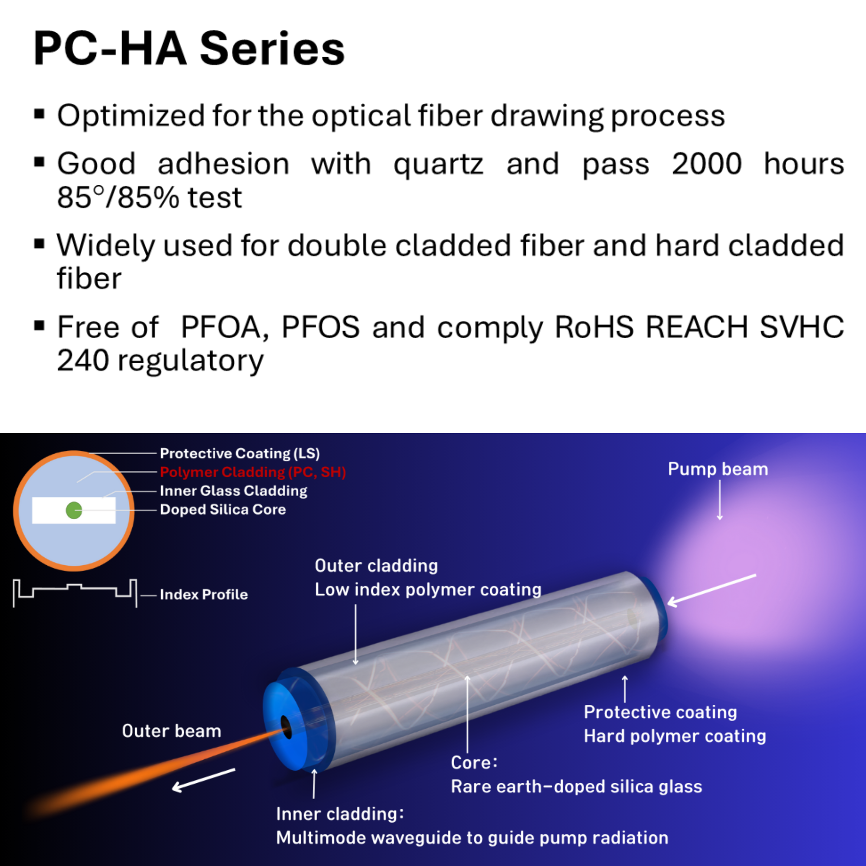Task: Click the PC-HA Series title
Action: pos(189,49)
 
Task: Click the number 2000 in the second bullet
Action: pos(706,164)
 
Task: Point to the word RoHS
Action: pos(594,328)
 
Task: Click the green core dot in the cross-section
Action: pos(74,510)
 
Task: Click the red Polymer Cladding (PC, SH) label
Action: pos(253,472)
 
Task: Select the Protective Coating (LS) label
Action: pos(240,453)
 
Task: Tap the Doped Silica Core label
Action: pos(223,509)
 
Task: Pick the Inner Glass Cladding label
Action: pos(233,491)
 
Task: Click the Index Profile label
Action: pos(204,595)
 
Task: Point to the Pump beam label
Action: pos(717,469)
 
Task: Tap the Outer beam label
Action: pos(171,731)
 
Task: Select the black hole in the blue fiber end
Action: pos(286,726)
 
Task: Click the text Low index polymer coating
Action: pos(428,590)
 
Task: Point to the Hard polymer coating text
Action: pos(675,736)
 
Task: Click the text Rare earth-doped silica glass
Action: pos(576,787)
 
